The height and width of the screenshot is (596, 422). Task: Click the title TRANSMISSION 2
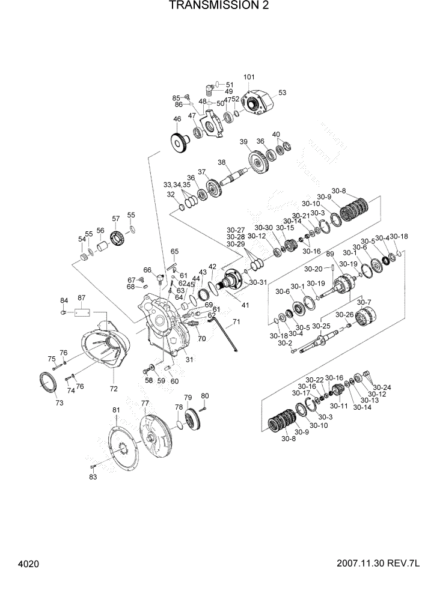[x=210, y=6]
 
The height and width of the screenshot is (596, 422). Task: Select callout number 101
[x=249, y=77]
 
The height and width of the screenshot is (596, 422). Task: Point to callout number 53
[x=282, y=93]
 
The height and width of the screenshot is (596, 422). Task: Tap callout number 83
[x=93, y=477]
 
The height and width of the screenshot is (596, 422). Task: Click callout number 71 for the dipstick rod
[x=236, y=323]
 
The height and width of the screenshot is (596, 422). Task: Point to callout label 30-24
[x=382, y=387]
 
